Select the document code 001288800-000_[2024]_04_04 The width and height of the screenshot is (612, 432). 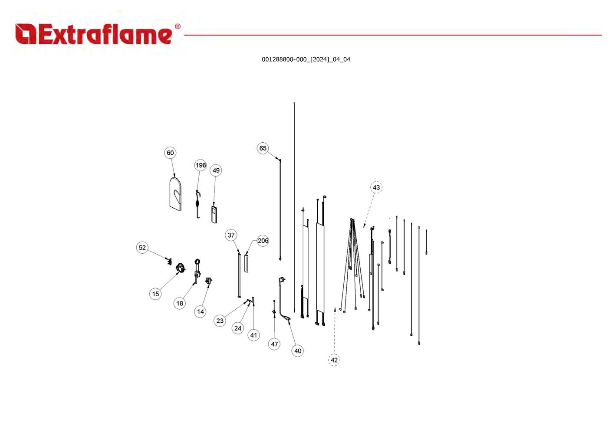[306, 59]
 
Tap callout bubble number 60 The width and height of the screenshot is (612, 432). [170, 153]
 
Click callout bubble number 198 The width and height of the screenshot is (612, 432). [201, 165]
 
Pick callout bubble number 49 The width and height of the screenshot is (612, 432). [216, 170]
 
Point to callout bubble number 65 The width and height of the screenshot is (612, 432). [263, 148]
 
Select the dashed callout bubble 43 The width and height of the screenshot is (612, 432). [376, 187]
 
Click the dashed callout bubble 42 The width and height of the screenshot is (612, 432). [334, 360]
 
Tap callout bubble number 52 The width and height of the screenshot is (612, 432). [142, 247]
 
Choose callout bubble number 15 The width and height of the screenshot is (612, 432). [155, 294]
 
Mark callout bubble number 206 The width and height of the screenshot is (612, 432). [263, 241]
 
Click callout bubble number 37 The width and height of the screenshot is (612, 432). [231, 235]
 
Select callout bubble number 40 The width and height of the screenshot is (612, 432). [297, 351]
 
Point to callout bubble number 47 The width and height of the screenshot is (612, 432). [274, 344]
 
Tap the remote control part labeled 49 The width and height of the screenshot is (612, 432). [214, 215]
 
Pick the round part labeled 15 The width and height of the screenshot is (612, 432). [180, 268]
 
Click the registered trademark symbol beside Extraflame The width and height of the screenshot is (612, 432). [178, 26]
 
